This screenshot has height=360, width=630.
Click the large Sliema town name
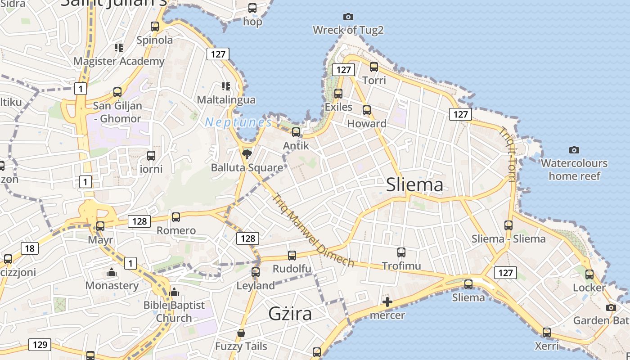[x=414, y=185]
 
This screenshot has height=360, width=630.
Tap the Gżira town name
[x=290, y=314]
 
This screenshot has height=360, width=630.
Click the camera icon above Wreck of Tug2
[x=348, y=17]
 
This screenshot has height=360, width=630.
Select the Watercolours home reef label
[x=574, y=169]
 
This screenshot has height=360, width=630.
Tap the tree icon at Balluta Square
[x=247, y=155]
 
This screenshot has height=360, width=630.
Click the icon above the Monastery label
[x=112, y=272]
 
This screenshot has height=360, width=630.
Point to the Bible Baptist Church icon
[x=174, y=292]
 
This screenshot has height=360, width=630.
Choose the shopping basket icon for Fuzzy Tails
[x=241, y=333]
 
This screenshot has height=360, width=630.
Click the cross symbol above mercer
[x=387, y=302]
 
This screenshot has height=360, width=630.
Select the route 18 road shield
[x=29, y=248]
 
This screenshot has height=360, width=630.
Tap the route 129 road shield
[x=40, y=345]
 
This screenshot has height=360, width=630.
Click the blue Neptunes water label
[x=238, y=122]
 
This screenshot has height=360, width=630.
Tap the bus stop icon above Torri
[x=374, y=67]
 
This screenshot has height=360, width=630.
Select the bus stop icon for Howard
[x=367, y=110]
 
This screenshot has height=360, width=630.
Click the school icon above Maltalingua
[x=226, y=86]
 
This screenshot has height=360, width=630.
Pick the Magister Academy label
[x=119, y=61]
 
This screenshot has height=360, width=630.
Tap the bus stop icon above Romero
[x=176, y=217]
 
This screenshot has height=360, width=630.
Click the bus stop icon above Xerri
[x=547, y=333]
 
